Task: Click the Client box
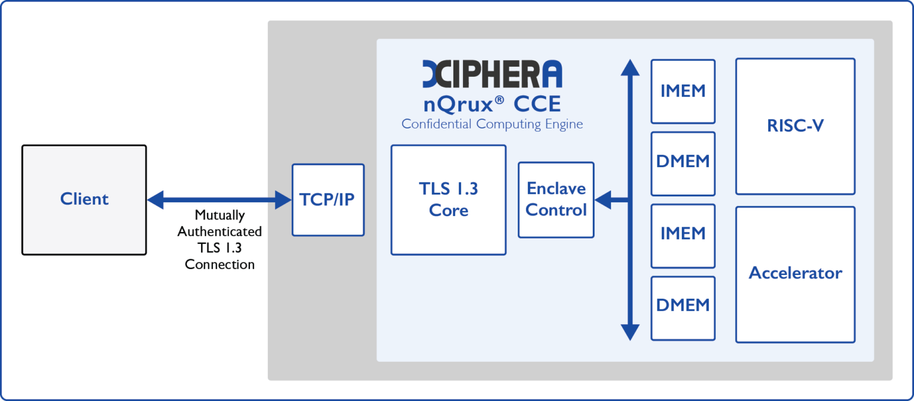[x=84, y=200]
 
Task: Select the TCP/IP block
[x=327, y=200]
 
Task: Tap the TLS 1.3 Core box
[x=448, y=200]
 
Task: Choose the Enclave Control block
[x=556, y=200]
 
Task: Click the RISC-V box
[x=795, y=126]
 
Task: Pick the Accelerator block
[x=795, y=274]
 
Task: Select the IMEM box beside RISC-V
[x=683, y=91]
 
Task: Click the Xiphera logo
[x=492, y=74]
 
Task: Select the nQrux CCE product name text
[x=492, y=105]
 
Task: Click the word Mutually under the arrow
[x=220, y=215]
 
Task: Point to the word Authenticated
[x=220, y=231]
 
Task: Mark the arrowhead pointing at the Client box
[x=155, y=200]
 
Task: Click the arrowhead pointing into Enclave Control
[x=603, y=200]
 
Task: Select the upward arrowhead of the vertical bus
[x=630, y=67]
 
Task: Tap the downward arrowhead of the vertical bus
[x=630, y=332]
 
